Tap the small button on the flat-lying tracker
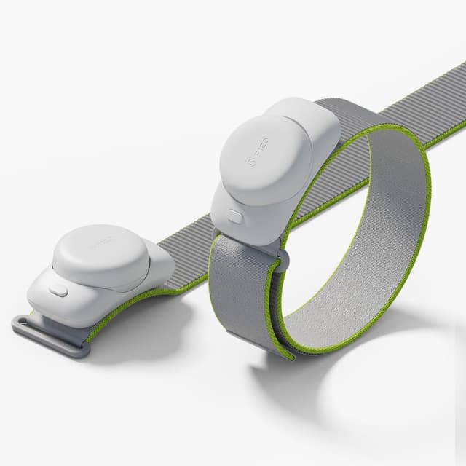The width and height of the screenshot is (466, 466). click(x=58, y=291)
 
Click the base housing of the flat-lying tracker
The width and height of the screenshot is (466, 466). click(x=80, y=306)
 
